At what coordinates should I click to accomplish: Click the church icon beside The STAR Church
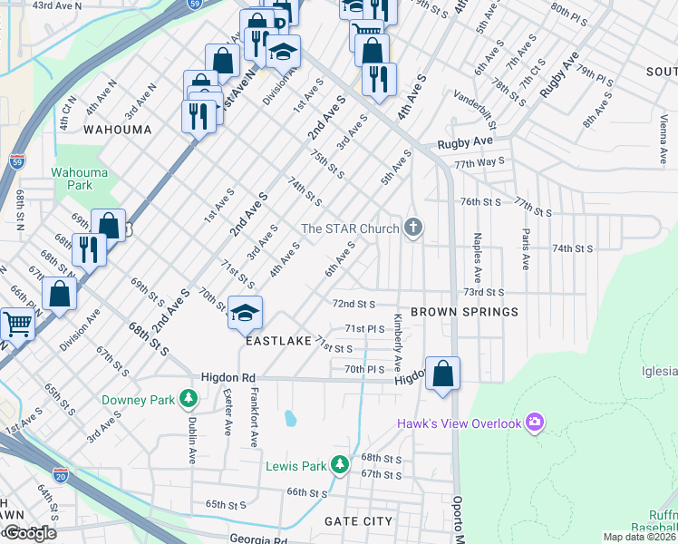[x=413, y=227]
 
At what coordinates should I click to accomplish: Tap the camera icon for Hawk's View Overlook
[x=535, y=423]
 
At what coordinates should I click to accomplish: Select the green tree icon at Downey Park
[x=188, y=398]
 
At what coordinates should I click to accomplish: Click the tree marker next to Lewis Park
[x=339, y=465]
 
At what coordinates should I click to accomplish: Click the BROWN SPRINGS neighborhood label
[x=464, y=312]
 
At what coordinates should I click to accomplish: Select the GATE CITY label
[x=359, y=521]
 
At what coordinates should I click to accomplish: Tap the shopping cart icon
[x=16, y=323]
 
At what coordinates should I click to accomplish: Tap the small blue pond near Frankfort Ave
[x=289, y=418]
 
